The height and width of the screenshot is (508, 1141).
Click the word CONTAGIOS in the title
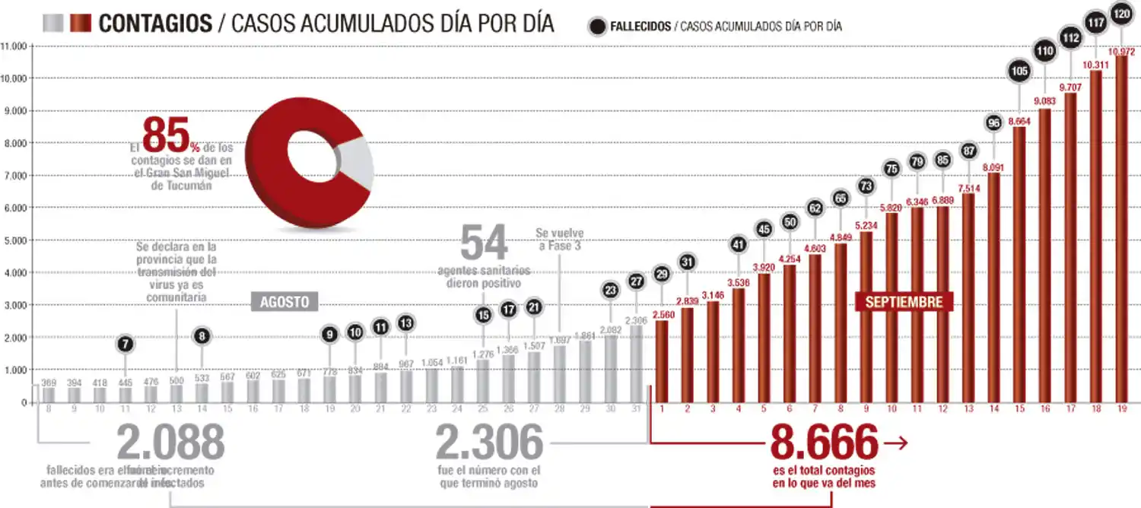(155, 24)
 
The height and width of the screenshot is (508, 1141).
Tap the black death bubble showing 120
(1120, 14)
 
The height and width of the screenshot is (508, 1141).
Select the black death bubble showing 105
(1019, 71)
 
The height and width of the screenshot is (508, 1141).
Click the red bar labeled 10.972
(1121, 228)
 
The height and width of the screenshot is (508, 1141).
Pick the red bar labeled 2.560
(661, 362)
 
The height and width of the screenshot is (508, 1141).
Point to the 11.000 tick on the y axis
(14, 46)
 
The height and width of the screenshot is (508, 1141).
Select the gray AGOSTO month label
(284, 302)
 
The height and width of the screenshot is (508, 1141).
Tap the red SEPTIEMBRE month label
(904, 302)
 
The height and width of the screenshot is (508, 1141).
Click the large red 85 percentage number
(164, 135)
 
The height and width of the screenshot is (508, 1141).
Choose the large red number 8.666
(824, 443)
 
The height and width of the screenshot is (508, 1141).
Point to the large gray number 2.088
(170, 443)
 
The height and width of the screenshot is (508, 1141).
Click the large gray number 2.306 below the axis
(489, 443)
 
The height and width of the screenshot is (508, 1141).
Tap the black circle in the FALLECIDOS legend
(598, 26)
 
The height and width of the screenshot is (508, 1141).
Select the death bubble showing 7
(126, 344)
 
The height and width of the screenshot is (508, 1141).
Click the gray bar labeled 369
(49, 395)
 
